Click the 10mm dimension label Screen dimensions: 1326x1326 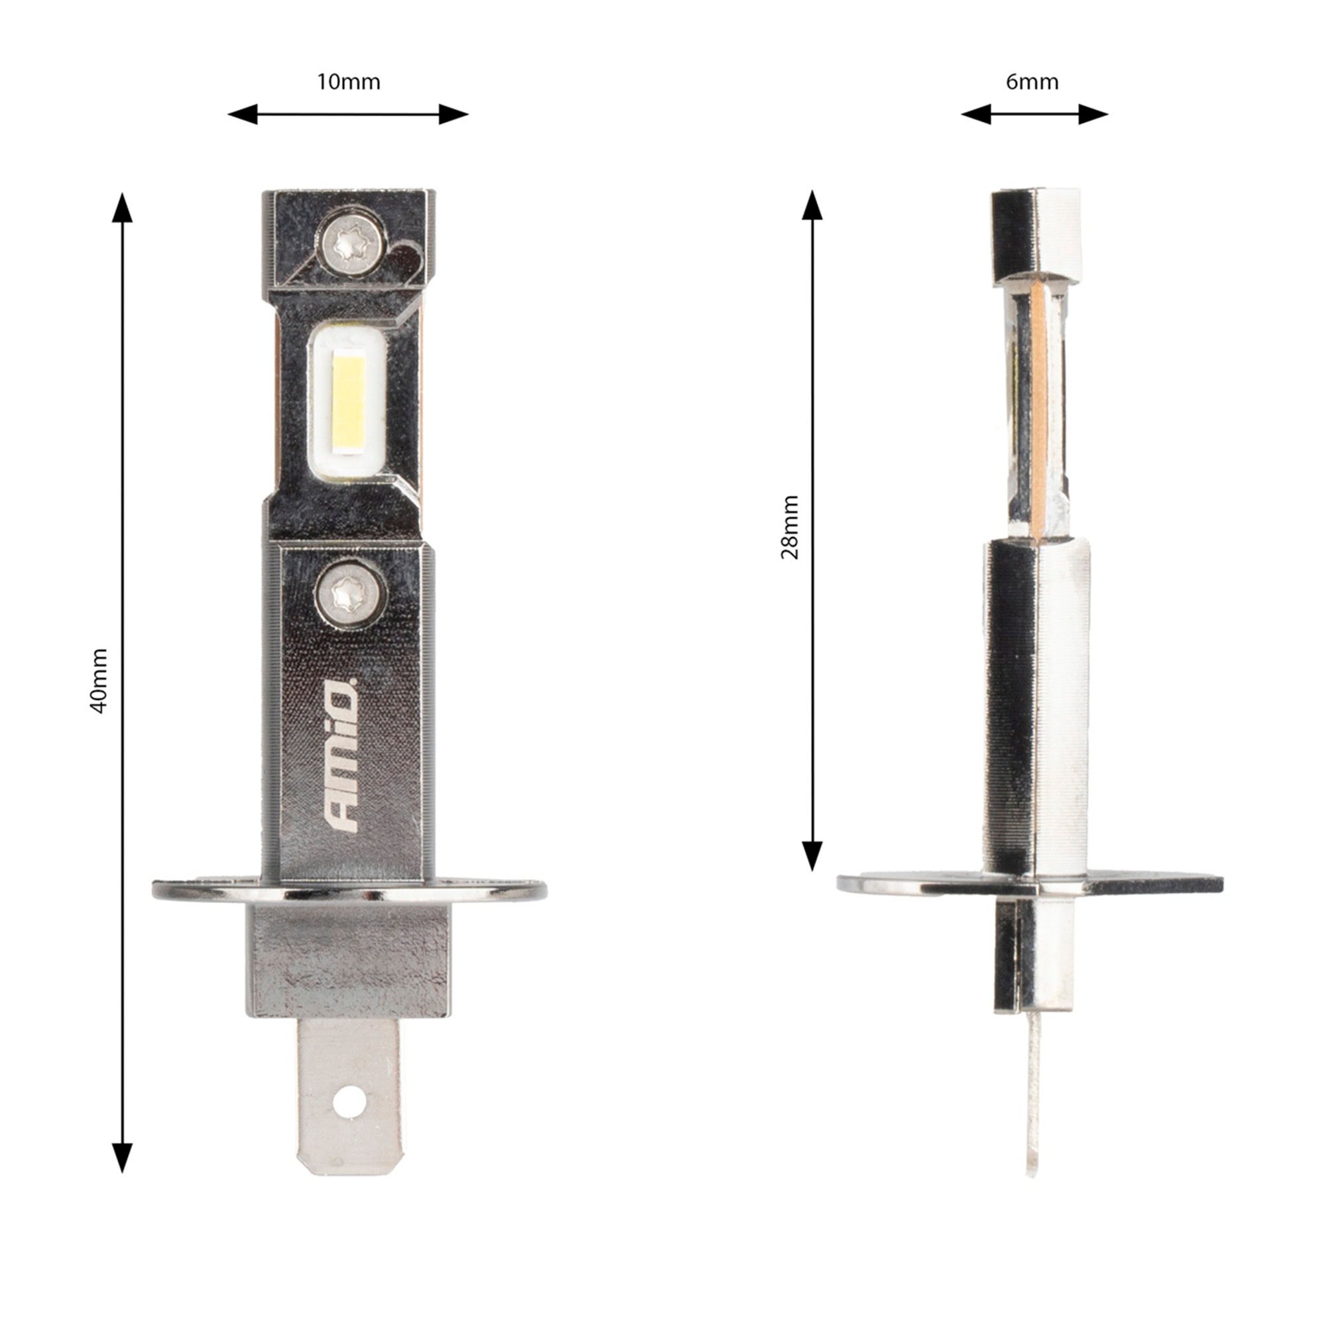pos(348,82)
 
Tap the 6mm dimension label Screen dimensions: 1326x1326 pos(1032,82)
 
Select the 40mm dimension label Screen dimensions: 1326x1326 pos(99,681)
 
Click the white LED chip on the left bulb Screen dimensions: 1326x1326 pos(348,402)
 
